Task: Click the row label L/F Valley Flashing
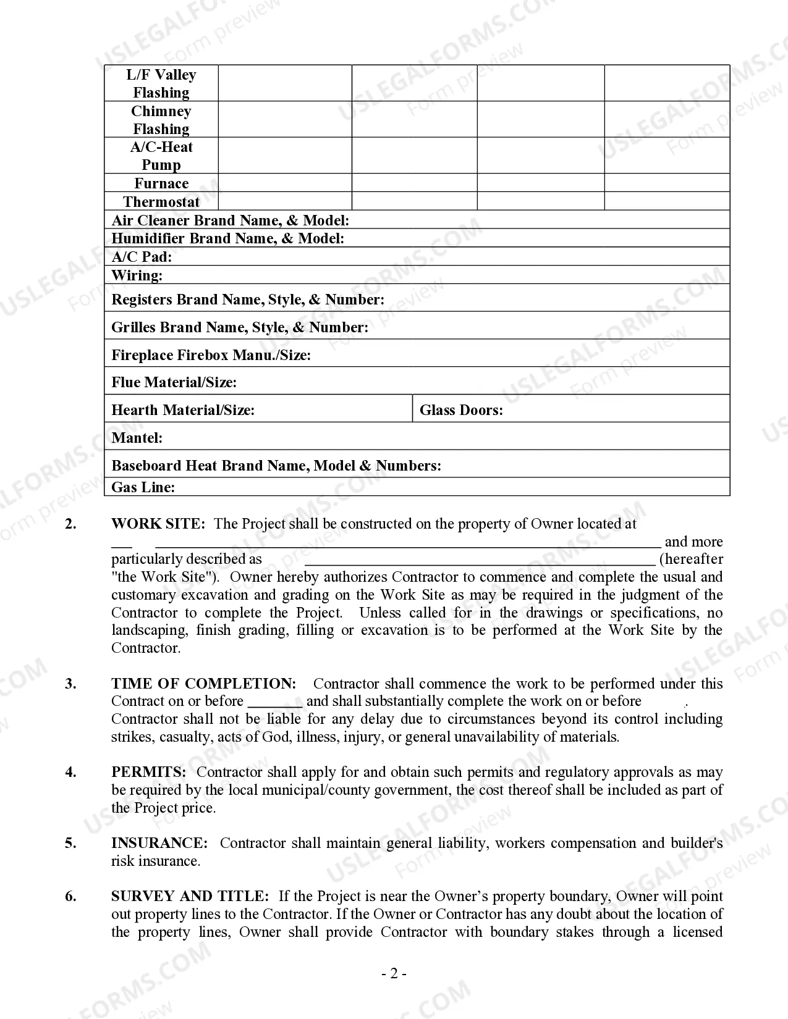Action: (161, 83)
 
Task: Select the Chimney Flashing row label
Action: (161, 120)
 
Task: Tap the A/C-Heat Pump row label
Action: (161, 156)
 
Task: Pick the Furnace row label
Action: (161, 183)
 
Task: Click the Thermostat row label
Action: (161, 202)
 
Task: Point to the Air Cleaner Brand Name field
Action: (231, 220)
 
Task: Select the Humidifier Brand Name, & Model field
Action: (227, 238)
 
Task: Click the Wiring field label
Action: (137, 275)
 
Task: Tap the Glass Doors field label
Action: (461, 410)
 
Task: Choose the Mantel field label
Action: (137, 438)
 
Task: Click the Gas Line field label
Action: (143, 487)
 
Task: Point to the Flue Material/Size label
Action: (174, 382)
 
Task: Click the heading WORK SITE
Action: (158, 524)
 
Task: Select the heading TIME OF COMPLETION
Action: (203, 684)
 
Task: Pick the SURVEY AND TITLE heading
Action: (190, 896)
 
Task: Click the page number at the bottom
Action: (394, 974)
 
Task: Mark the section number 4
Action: (71, 772)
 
